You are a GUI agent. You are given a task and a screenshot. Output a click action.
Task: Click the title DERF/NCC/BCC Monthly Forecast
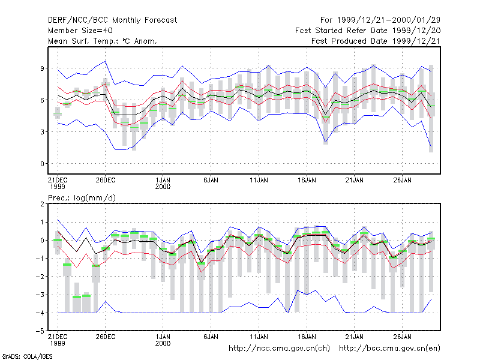112,20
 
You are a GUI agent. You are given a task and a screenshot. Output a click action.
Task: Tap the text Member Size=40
80,31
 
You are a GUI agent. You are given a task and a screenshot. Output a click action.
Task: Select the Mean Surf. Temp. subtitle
102,41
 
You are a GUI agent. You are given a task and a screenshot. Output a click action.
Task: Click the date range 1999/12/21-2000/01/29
388,20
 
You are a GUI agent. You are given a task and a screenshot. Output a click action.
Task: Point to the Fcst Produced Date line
376,41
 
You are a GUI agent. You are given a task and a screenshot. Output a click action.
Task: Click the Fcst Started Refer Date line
368,31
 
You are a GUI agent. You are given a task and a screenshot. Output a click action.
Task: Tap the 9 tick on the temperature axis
42,68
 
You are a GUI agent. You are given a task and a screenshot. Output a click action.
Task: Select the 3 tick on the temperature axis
42,132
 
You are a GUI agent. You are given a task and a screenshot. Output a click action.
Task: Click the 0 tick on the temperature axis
42,164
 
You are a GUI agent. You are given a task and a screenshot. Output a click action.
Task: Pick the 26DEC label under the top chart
106,180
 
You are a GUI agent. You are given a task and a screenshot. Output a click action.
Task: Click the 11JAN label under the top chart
259,180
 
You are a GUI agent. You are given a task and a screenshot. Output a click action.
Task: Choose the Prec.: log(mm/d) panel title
82,198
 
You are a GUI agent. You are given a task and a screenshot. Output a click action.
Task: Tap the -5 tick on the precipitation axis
40,331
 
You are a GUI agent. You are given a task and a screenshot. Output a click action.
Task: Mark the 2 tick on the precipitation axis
42,204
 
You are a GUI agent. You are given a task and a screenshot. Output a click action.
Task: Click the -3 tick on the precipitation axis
40,295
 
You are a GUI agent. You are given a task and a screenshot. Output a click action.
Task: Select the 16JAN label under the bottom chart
307,337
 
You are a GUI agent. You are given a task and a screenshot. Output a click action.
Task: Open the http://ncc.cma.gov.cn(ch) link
279,349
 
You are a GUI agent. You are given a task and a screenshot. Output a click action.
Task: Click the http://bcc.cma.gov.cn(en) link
389,349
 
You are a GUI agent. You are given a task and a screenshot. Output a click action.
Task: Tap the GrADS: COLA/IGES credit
27,356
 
